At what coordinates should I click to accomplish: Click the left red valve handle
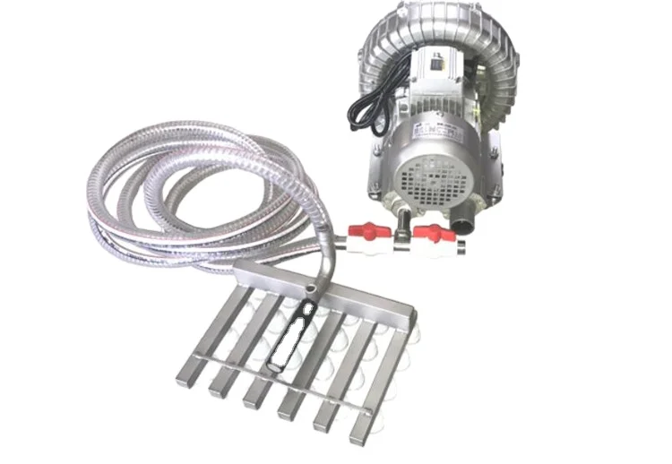(x=370, y=231)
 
